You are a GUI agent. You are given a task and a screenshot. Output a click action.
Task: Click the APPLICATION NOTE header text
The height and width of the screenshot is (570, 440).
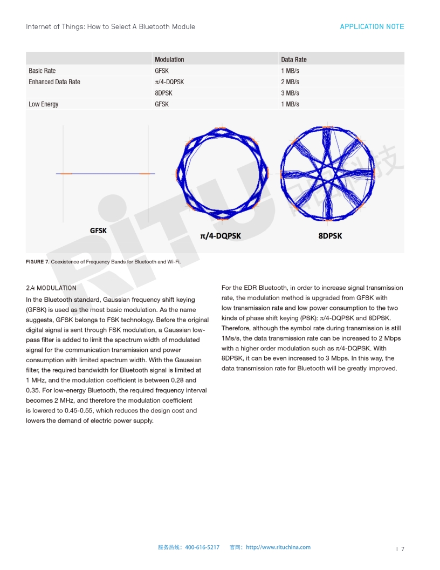tap(372, 26)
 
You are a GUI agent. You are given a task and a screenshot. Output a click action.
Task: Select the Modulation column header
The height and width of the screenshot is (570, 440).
tap(169, 59)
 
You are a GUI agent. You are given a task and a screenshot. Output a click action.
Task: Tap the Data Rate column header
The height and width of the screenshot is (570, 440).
tap(293, 59)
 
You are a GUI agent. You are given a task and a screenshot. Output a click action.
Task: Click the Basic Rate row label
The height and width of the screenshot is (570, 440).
tap(42, 71)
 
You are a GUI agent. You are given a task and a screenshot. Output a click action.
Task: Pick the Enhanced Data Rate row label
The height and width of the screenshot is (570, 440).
tap(54, 82)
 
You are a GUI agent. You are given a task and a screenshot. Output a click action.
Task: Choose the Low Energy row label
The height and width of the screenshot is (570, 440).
tap(44, 104)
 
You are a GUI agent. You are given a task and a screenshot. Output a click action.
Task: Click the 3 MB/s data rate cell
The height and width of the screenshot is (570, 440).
tap(290, 93)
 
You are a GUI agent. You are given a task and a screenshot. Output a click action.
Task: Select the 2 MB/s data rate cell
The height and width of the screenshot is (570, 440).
tap(290, 82)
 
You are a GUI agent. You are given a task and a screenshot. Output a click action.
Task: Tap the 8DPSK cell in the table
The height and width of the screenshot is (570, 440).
tap(163, 93)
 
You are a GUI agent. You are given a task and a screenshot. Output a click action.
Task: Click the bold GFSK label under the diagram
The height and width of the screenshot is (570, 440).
tap(98, 230)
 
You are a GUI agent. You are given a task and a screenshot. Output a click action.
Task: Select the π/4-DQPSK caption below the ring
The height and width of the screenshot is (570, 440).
tap(221, 236)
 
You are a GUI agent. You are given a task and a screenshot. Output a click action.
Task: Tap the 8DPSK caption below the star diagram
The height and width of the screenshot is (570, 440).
tap(330, 236)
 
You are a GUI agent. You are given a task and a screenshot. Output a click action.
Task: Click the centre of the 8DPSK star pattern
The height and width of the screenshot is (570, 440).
tap(327, 173)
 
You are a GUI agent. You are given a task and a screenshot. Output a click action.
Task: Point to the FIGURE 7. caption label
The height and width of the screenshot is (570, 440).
tap(37, 262)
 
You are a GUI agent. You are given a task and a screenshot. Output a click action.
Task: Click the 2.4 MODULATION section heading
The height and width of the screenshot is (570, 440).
tap(51, 288)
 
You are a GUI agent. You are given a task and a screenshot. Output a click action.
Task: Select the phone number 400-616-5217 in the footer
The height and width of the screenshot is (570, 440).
tap(202, 547)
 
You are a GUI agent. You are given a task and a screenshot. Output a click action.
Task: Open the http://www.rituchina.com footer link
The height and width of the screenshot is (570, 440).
tap(278, 547)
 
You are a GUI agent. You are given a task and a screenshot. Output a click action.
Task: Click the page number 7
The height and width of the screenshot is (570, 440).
tap(402, 549)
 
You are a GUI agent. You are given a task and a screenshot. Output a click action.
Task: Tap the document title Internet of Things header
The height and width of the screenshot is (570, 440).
tap(111, 26)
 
